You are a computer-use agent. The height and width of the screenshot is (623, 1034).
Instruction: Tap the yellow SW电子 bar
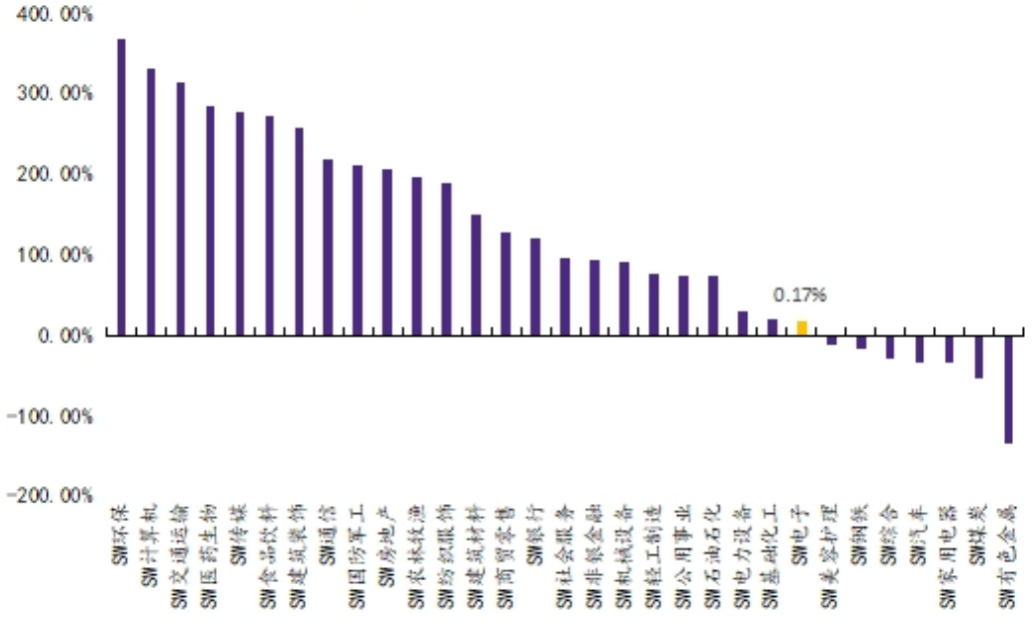click(x=801, y=328)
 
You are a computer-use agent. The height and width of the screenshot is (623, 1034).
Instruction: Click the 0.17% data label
click(x=800, y=296)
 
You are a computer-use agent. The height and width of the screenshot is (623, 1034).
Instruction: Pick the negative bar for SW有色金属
click(x=1008, y=389)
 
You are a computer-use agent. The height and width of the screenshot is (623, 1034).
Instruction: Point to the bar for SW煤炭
click(x=979, y=356)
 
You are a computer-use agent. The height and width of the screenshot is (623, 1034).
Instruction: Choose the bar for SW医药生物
click(x=210, y=221)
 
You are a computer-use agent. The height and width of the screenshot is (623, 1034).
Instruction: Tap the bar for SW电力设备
click(x=742, y=323)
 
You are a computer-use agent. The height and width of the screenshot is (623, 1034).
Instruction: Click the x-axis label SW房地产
click(x=387, y=539)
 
